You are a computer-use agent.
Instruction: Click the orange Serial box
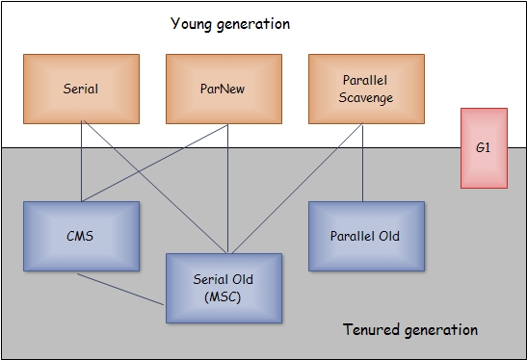[81, 89]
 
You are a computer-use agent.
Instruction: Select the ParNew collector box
[224, 89]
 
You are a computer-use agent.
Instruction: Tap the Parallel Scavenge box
[365, 89]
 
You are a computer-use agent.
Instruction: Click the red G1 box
[483, 148]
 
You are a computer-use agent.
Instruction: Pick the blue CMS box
[81, 236]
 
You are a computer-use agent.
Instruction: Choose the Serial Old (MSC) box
[224, 287]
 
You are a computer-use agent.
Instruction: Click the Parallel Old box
[365, 236]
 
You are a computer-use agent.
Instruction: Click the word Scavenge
[365, 97]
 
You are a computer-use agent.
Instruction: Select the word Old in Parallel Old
[387, 236]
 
